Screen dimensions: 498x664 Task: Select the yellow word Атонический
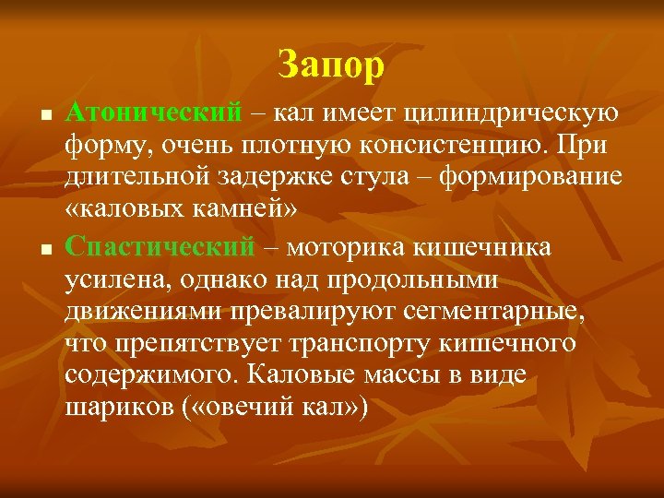tap(155, 113)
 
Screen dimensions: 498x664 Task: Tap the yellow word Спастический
tap(160, 247)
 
